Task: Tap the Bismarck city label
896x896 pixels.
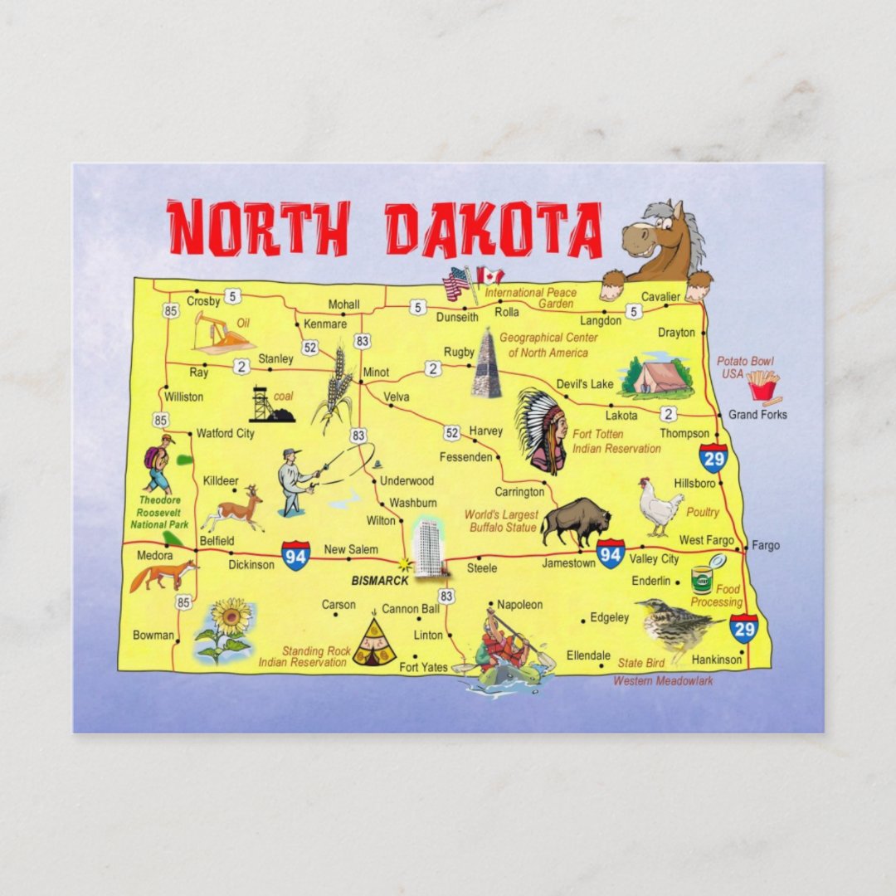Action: click(380, 581)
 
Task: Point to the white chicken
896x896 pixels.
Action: click(660, 505)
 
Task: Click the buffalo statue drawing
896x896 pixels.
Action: click(576, 521)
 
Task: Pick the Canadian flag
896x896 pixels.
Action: click(490, 275)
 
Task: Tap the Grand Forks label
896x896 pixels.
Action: click(757, 414)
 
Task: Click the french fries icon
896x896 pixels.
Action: click(762, 386)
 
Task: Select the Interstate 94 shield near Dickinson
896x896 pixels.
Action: click(295, 555)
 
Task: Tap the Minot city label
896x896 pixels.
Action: click(376, 373)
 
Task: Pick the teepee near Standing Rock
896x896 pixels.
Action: click(374, 644)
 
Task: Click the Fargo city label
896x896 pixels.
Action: click(766, 546)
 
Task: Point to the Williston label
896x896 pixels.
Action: click(183, 397)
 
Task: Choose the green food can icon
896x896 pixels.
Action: click(702, 580)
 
